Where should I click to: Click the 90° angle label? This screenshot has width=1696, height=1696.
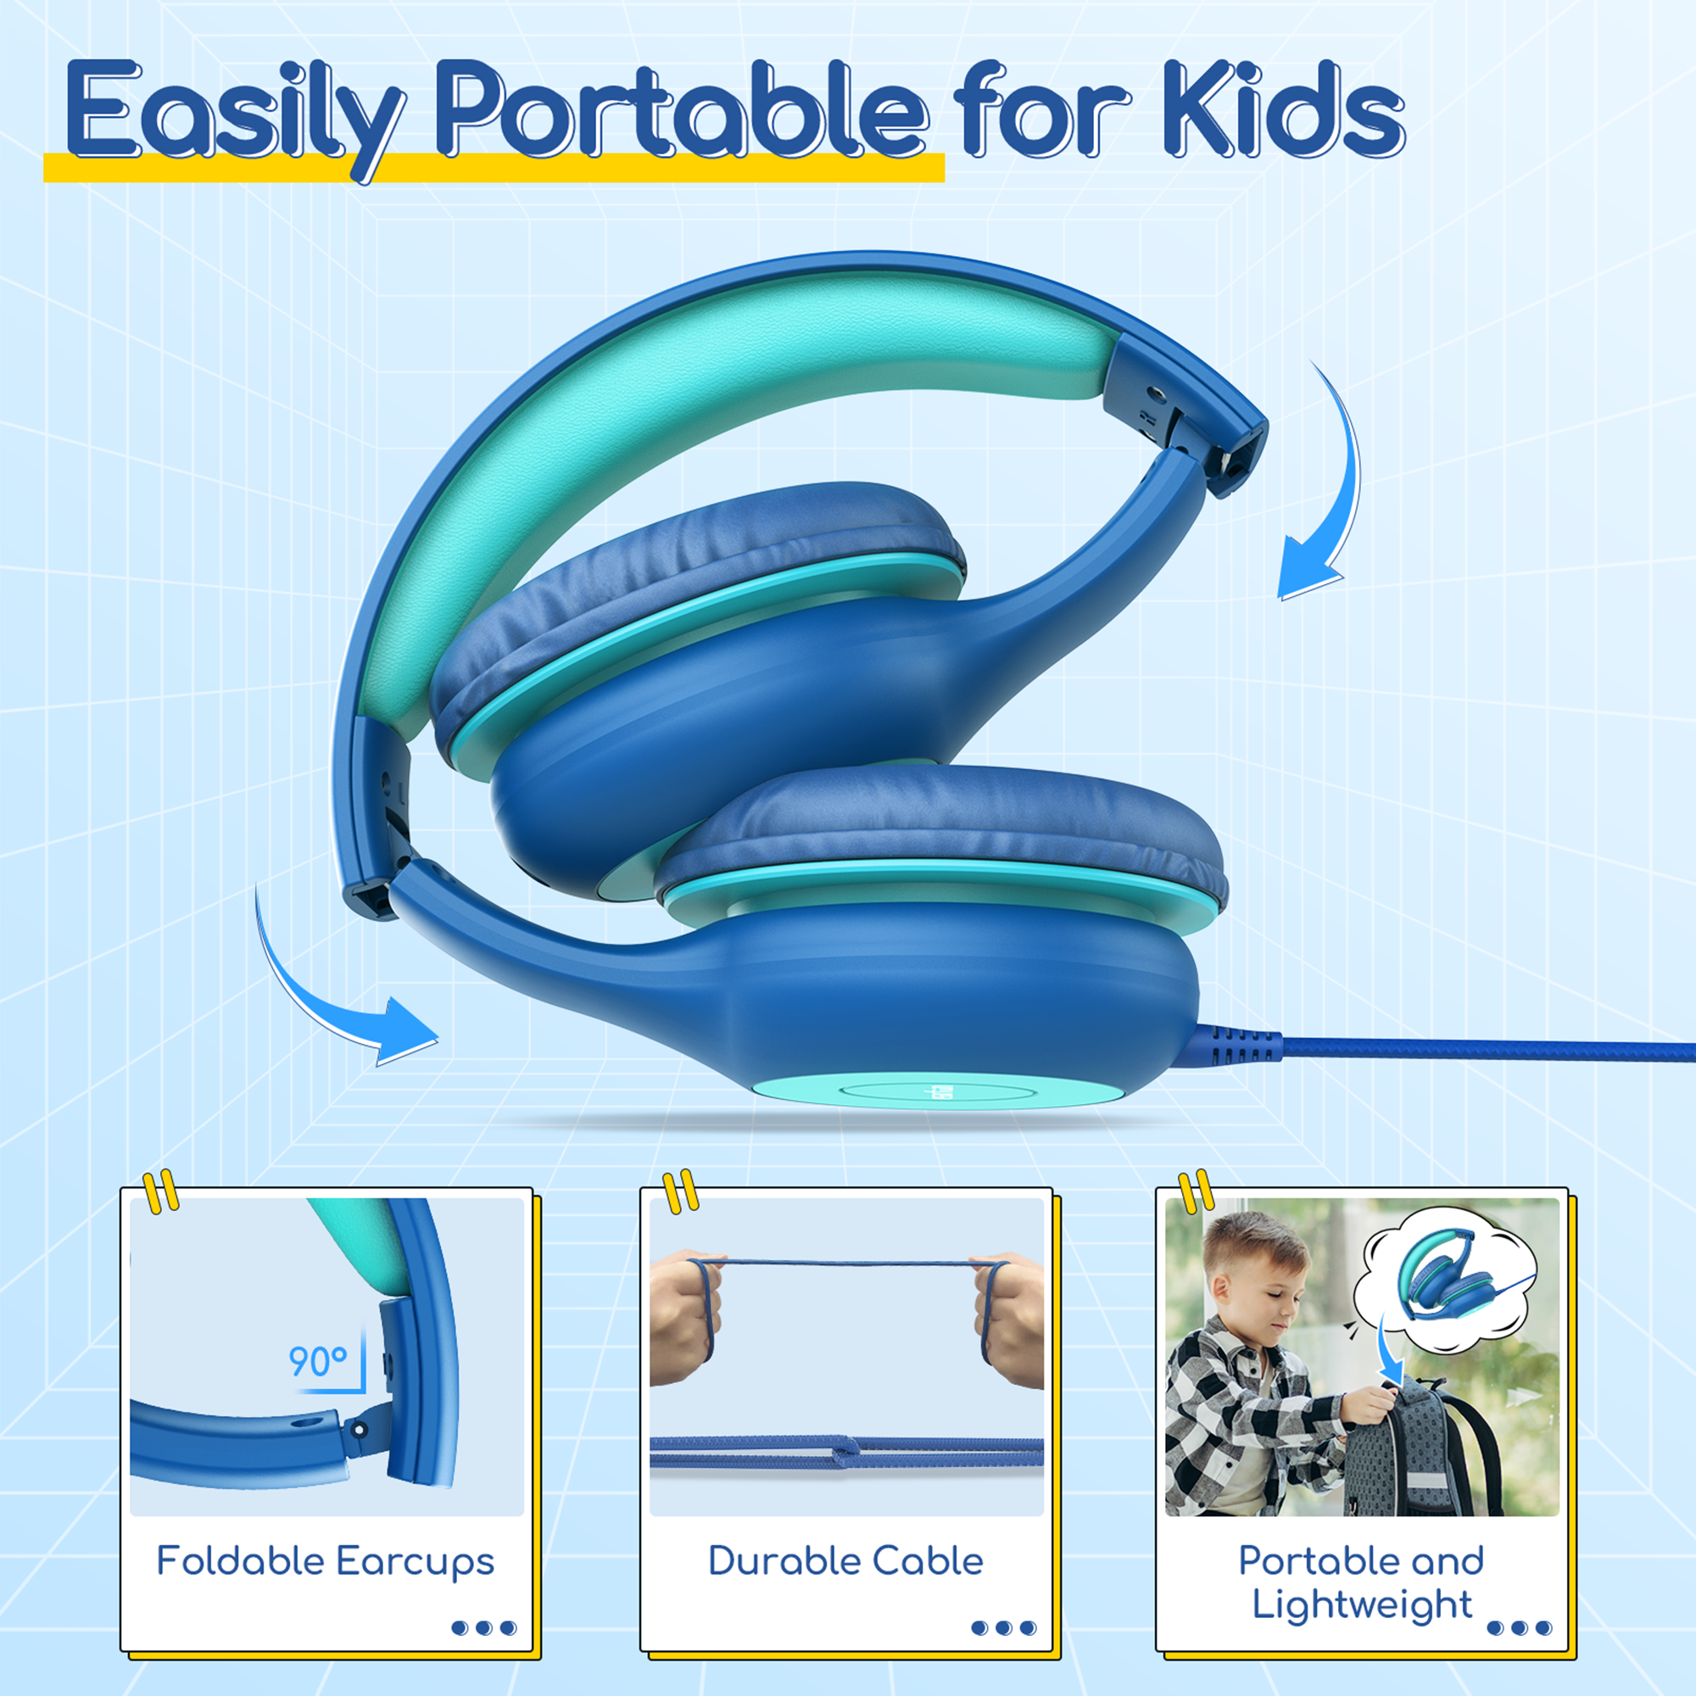[x=318, y=1362]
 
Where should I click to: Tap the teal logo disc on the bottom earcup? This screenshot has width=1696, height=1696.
[x=940, y=1093]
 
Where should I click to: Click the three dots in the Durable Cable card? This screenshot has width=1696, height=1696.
[x=1004, y=1628]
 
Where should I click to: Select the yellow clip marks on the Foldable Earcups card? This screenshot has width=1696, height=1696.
[x=160, y=1191]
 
